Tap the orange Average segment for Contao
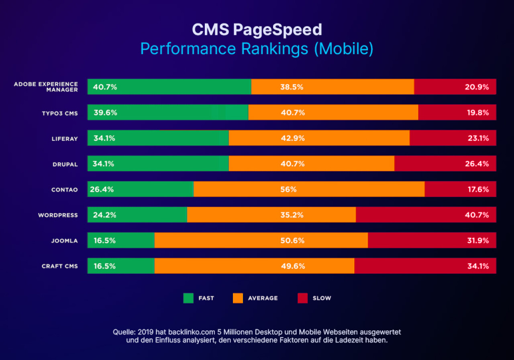tap(309, 189)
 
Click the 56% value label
tap(288, 189)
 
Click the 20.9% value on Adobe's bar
tap(477, 87)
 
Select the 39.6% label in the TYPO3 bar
tap(105, 113)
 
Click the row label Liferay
tap(65, 139)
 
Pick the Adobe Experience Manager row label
tap(46, 87)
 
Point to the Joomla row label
tap(64, 241)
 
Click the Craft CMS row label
tap(60, 266)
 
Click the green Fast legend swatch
tap(188, 298)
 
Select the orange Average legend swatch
tap(238, 298)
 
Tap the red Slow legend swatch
tap(302, 298)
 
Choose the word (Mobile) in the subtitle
tap(343, 49)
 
